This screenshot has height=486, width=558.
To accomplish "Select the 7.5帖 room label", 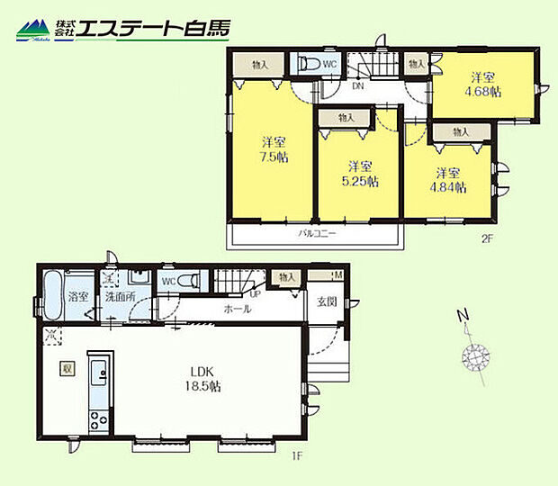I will [x=274, y=149].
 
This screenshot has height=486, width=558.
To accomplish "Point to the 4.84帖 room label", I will [x=449, y=179].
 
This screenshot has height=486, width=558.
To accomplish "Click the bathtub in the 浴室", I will [x=52, y=295].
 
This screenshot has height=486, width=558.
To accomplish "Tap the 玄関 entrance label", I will [x=326, y=301].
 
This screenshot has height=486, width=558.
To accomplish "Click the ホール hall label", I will [x=238, y=309].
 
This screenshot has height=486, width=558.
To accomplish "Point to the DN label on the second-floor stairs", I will [x=356, y=86].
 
